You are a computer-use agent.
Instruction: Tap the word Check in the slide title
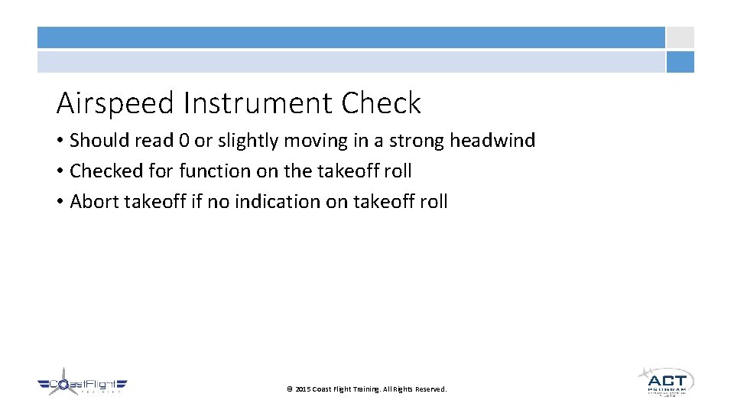tap(382, 103)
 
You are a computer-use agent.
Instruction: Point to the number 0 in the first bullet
tap(183, 141)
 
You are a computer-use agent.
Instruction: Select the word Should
tap(96, 141)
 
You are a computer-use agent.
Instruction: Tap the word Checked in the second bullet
tap(100, 171)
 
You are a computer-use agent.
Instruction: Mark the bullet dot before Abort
tap(60, 203)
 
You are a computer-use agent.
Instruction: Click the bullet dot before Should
tap(60, 141)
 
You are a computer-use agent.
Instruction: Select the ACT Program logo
tap(665, 381)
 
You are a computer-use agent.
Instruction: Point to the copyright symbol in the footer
tap(289, 389)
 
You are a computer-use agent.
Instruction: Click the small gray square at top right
tap(680, 37)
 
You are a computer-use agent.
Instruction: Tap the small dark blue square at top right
tap(680, 62)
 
